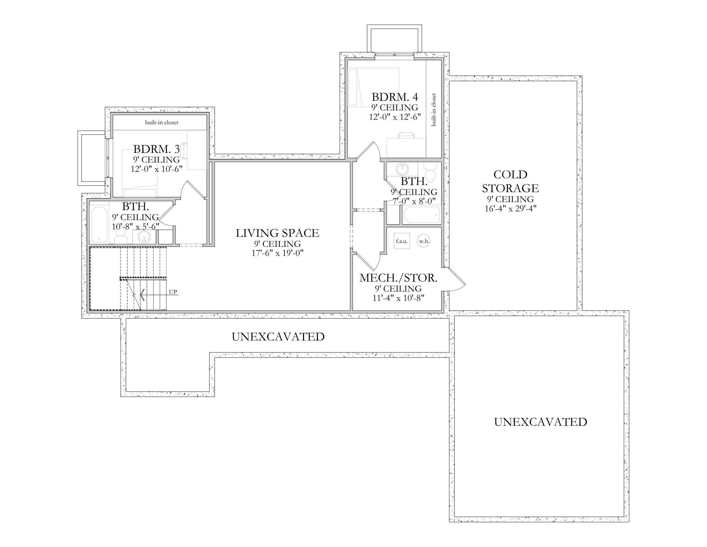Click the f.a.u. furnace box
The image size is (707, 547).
point(402,241)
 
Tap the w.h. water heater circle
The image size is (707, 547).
point(424,241)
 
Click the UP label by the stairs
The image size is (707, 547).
point(173,292)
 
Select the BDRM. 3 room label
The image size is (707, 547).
point(157,149)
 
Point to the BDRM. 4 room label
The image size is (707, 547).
point(395,97)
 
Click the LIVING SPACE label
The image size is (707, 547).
point(277,233)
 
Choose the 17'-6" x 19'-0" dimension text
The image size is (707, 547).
point(277,253)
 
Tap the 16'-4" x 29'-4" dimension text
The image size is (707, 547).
point(511,209)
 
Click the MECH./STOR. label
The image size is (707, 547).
point(398,278)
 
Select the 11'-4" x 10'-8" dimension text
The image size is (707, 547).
point(398,298)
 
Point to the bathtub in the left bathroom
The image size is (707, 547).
point(99,224)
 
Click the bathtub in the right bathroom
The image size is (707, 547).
point(422,214)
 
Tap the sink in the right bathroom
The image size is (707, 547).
point(402,169)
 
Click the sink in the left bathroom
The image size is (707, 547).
point(144,237)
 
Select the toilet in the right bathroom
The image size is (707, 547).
point(430,172)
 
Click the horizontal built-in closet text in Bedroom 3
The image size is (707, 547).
point(162,123)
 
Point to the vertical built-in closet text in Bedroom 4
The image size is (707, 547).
point(434,110)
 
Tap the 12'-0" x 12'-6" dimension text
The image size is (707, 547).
point(395,117)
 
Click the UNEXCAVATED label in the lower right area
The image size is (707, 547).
point(540,422)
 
